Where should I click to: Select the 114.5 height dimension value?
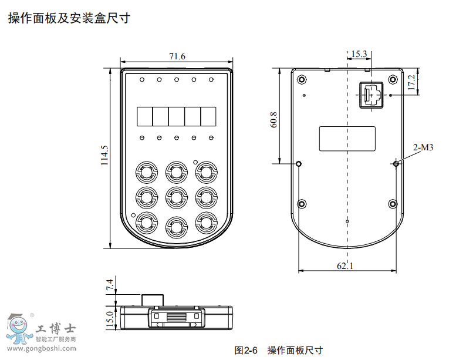pyautogui.click(x=104, y=156)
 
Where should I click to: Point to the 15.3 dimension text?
pyautogui.click(x=359, y=54)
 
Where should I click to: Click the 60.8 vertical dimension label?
pyautogui.click(x=273, y=119)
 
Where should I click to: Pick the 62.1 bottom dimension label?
pyautogui.click(x=346, y=265)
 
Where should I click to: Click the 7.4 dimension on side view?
pyautogui.click(x=109, y=285)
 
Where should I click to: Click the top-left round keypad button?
pyautogui.click(x=147, y=172)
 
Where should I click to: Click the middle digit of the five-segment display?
pyautogui.click(x=177, y=116)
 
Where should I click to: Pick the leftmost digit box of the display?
pyautogui.click(x=144, y=116)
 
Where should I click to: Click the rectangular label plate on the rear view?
pyautogui.click(x=347, y=139)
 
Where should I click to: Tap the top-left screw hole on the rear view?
pyautogui.click(x=302, y=79)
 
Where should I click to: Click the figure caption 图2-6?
pyautogui.click(x=246, y=350)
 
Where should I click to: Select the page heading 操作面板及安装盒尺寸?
pyautogui.click(x=69, y=18)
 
